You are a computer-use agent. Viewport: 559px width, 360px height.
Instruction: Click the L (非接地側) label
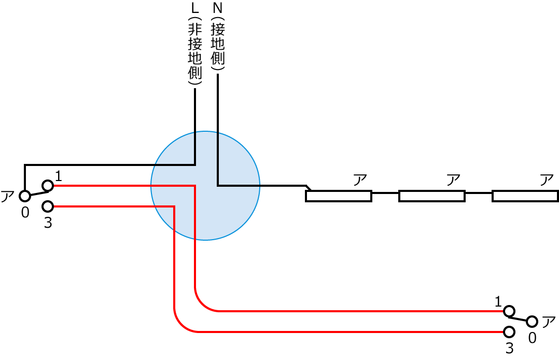point(195,45)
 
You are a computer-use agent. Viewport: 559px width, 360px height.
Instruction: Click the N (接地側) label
point(218,36)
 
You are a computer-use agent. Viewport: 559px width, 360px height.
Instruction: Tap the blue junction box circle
point(205,186)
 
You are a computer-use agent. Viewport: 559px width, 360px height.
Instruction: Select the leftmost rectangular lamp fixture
point(339,196)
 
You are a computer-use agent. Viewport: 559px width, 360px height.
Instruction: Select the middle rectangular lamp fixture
point(431,196)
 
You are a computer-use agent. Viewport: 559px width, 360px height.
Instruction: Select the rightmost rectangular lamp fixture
point(525,196)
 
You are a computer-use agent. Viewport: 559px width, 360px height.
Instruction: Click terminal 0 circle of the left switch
point(24,196)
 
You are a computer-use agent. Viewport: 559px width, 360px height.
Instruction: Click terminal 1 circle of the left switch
point(48,185)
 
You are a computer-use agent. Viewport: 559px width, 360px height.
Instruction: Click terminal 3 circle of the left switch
point(48,206)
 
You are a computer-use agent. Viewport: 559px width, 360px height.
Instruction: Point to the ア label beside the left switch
point(7,197)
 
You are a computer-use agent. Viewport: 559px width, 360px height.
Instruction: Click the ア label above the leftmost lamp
point(360,181)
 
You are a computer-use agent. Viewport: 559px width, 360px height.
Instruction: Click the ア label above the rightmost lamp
point(547,181)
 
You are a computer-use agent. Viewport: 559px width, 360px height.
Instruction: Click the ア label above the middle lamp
point(453,181)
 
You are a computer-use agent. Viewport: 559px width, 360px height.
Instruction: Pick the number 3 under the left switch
point(48,224)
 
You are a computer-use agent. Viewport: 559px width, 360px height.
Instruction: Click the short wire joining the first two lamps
point(385,193)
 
